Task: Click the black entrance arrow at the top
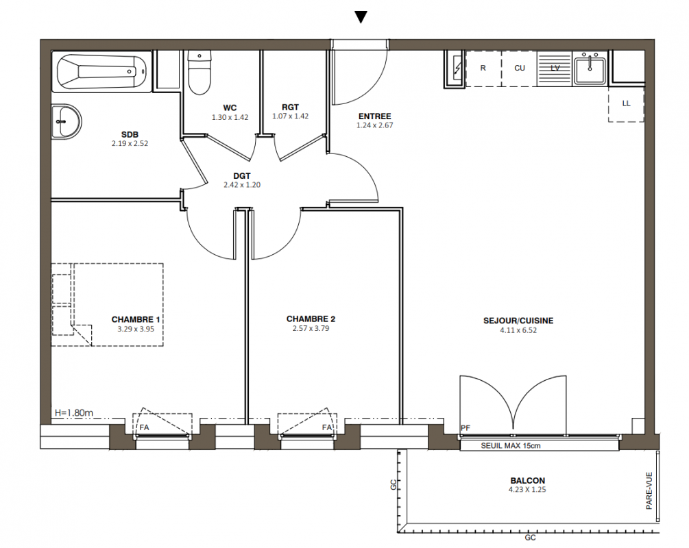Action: (x=361, y=16)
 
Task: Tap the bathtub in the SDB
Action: (x=102, y=71)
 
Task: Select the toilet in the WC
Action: (x=199, y=73)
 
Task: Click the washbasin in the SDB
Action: (x=67, y=122)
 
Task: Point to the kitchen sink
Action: (x=590, y=68)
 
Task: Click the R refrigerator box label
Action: (x=483, y=68)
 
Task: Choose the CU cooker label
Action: (x=520, y=68)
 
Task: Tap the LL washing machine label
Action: (x=626, y=103)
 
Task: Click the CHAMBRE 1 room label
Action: (x=136, y=319)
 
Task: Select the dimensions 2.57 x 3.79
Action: (x=311, y=328)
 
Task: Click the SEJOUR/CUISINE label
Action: (x=518, y=321)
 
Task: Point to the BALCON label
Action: (x=527, y=480)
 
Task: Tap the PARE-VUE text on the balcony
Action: (x=649, y=490)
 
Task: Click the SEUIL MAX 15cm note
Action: (x=511, y=446)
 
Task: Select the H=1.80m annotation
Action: (x=74, y=413)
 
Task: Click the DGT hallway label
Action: (x=242, y=176)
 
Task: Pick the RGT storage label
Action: (x=291, y=107)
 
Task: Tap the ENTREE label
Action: (x=375, y=116)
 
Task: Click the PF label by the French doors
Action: (x=466, y=427)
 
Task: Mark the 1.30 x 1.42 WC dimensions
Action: (x=230, y=117)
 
